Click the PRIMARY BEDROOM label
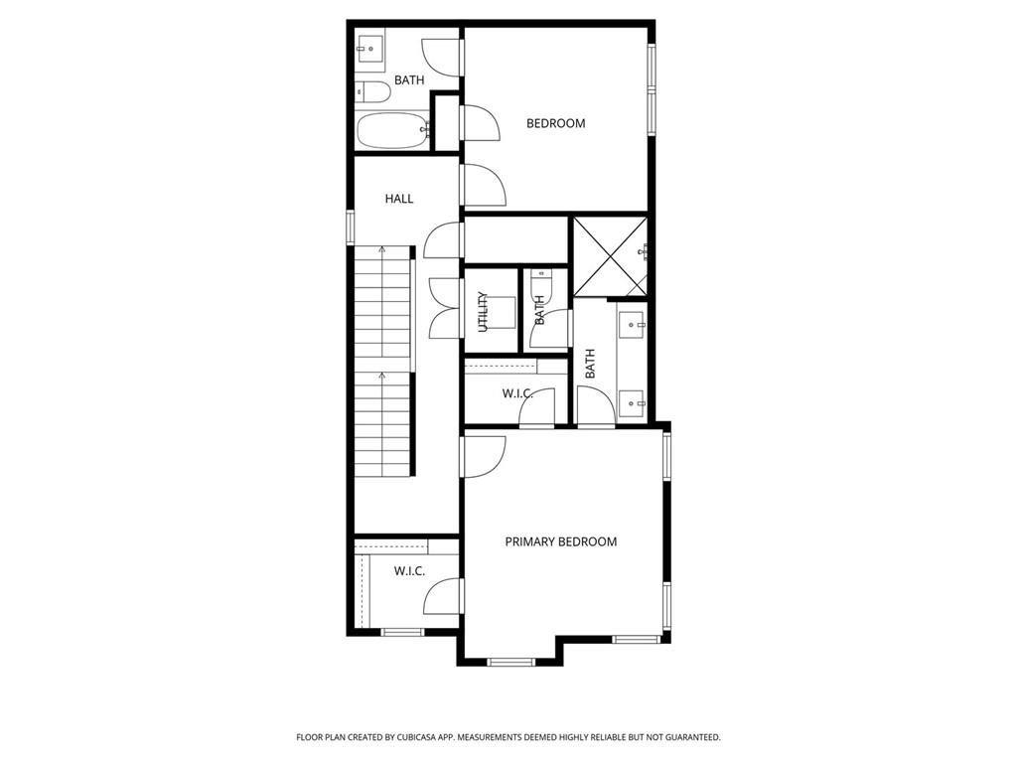(561, 541)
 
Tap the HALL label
(399, 199)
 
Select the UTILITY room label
(483, 312)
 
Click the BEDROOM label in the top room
(556, 123)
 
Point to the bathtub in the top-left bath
(393, 130)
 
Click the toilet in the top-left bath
(372, 92)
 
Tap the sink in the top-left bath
(369, 49)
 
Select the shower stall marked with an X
(611, 255)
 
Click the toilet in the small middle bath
(539, 284)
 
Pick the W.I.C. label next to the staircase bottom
(410, 571)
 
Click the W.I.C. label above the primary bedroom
(517, 393)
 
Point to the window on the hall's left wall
(351, 228)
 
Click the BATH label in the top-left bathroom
(409, 80)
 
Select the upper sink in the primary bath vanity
(632, 325)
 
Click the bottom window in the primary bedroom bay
(511, 662)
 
